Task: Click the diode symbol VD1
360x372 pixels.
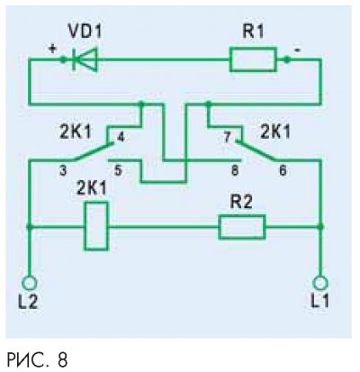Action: click(x=85, y=59)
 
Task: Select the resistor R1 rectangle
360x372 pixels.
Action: click(x=253, y=59)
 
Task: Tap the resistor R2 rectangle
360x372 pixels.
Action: click(x=242, y=227)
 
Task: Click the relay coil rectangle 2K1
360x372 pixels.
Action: click(x=96, y=226)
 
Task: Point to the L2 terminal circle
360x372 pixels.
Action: click(x=30, y=283)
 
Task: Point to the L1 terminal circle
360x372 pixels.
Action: click(x=320, y=283)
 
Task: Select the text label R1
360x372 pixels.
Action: click(x=253, y=31)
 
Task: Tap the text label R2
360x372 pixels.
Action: click(x=241, y=203)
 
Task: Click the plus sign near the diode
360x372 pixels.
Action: click(x=52, y=49)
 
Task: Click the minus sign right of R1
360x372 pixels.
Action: click(x=296, y=50)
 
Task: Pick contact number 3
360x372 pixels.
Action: click(x=63, y=171)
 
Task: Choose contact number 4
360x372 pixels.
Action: click(x=120, y=137)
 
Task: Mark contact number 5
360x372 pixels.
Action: click(x=118, y=171)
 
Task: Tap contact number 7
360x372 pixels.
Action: click(x=227, y=137)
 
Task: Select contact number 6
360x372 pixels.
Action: click(x=283, y=171)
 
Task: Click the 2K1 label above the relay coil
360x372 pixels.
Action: click(x=92, y=188)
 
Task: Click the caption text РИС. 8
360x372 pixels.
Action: click(x=37, y=359)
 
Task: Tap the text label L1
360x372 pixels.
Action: click(x=319, y=301)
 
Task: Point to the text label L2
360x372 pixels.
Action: click(x=28, y=302)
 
